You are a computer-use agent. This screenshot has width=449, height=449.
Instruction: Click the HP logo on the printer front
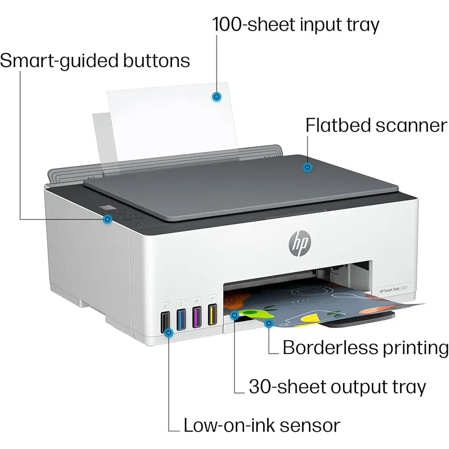(x=300, y=243)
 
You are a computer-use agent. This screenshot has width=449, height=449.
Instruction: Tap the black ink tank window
(x=166, y=322)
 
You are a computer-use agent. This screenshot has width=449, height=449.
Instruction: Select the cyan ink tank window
(x=181, y=320)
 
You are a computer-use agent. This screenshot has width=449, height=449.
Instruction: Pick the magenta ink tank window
(x=197, y=317)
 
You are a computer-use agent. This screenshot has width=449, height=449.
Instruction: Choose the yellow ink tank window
(x=212, y=314)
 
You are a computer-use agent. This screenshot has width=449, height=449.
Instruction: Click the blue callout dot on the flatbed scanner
(x=307, y=167)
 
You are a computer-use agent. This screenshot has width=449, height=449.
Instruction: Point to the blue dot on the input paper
(x=216, y=97)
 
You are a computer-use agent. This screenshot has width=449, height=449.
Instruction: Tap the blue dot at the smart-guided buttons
(x=107, y=220)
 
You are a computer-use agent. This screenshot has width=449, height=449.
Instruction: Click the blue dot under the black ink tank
(x=169, y=333)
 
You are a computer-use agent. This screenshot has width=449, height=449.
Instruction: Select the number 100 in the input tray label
(x=227, y=24)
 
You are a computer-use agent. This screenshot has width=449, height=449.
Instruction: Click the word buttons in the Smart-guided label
(x=156, y=61)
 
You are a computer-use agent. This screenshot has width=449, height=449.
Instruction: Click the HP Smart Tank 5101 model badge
(x=393, y=290)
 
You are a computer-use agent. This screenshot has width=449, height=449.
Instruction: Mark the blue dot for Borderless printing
(x=269, y=324)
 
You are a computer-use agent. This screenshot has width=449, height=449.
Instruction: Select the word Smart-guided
(x=59, y=61)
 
